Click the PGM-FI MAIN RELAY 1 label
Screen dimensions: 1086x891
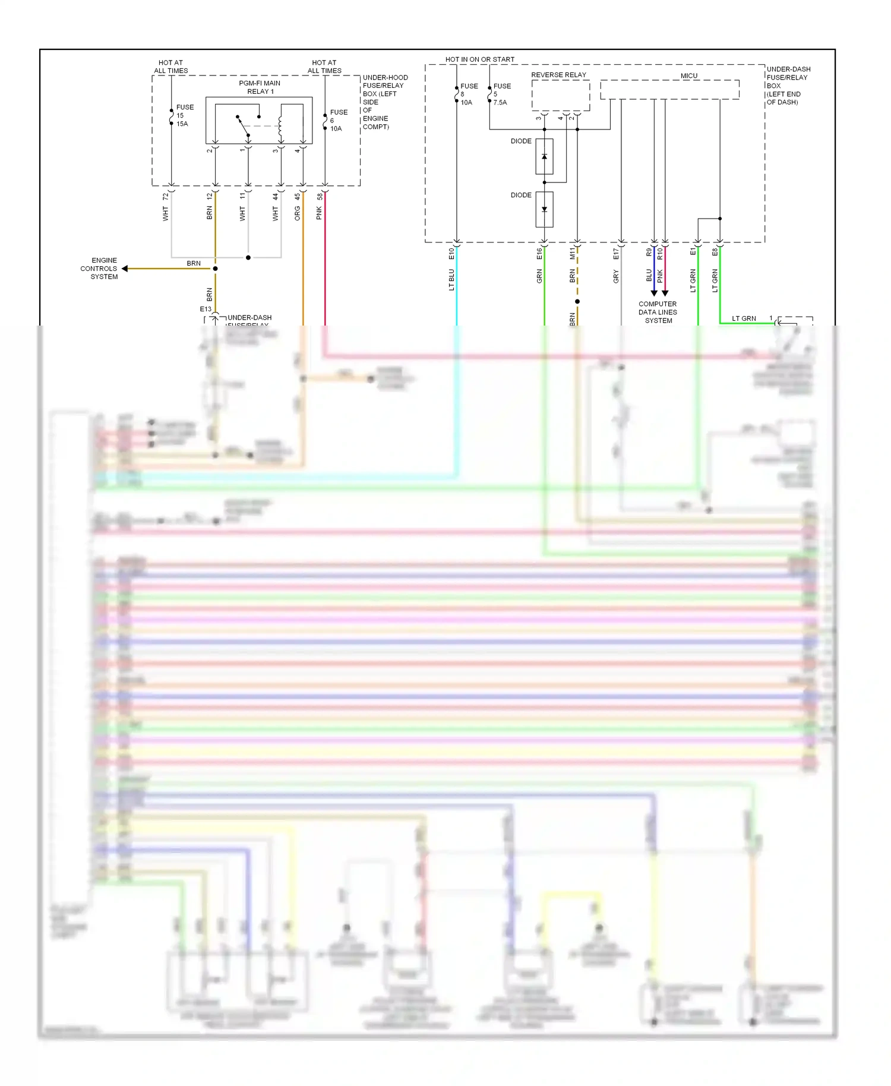point(260,87)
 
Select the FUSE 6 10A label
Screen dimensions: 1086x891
point(338,120)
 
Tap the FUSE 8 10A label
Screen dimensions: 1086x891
point(468,94)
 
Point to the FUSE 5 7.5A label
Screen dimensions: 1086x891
point(501,94)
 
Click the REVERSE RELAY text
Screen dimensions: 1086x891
point(558,75)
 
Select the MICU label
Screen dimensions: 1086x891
point(688,75)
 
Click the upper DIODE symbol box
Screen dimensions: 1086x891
point(544,156)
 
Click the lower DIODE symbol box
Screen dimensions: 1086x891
point(544,209)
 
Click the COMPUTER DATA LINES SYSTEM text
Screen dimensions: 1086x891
point(658,312)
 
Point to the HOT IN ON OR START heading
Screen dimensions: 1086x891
point(480,59)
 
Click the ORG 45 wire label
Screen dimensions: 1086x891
point(298,207)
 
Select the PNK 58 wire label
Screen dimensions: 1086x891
point(320,207)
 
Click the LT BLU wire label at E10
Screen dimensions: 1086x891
point(451,279)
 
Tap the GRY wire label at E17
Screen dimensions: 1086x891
point(616,276)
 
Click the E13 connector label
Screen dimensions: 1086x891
point(206,309)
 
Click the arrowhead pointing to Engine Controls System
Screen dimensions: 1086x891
point(125,269)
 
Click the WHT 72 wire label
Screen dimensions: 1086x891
point(166,207)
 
